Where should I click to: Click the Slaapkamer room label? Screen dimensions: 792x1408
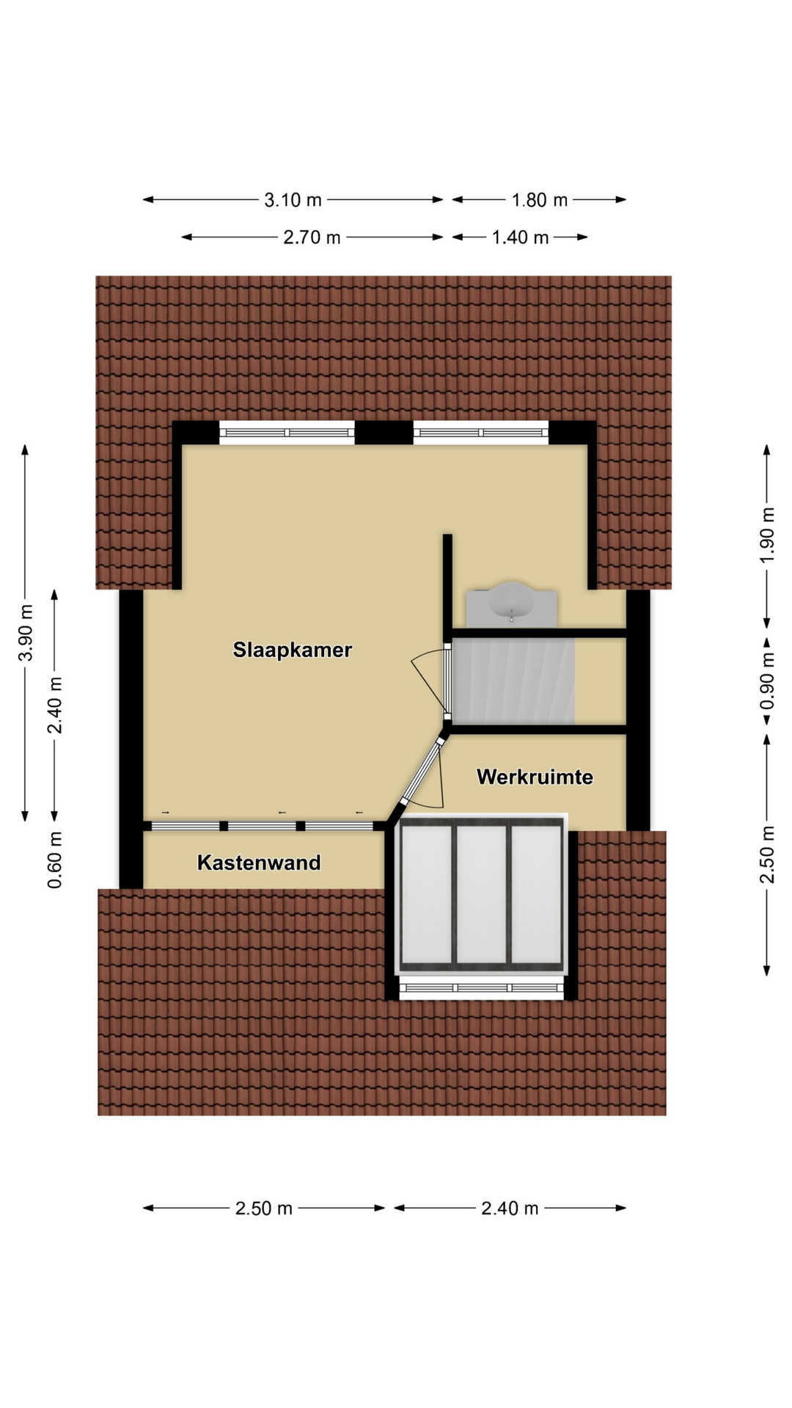[x=293, y=650]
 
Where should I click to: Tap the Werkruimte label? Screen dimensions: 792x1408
[x=535, y=777]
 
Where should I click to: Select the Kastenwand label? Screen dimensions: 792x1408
[x=259, y=862]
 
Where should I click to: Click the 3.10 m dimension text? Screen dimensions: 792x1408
[x=293, y=199]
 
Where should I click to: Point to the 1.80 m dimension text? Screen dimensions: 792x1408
[x=539, y=199]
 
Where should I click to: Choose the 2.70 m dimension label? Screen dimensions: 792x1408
[x=312, y=237]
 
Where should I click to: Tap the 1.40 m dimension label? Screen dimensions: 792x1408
[x=520, y=237]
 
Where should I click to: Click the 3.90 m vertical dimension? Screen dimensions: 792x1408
[x=26, y=632]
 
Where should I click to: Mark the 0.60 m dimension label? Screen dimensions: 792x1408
[x=55, y=859]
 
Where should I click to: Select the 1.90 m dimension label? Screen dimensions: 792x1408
[x=767, y=535]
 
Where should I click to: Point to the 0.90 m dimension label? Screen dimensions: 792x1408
[x=767, y=682]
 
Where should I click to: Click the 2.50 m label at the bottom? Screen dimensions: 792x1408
[x=263, y=1208]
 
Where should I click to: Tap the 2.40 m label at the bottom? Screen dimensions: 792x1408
[x=510, y=1208]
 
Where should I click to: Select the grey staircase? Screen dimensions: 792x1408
[x=513, y=681]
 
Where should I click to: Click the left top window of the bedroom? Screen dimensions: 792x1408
[x=287, y=433]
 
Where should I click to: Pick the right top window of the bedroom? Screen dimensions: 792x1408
[x=481, y=433]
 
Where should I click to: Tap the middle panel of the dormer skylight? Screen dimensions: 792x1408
[x=481, y=895]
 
